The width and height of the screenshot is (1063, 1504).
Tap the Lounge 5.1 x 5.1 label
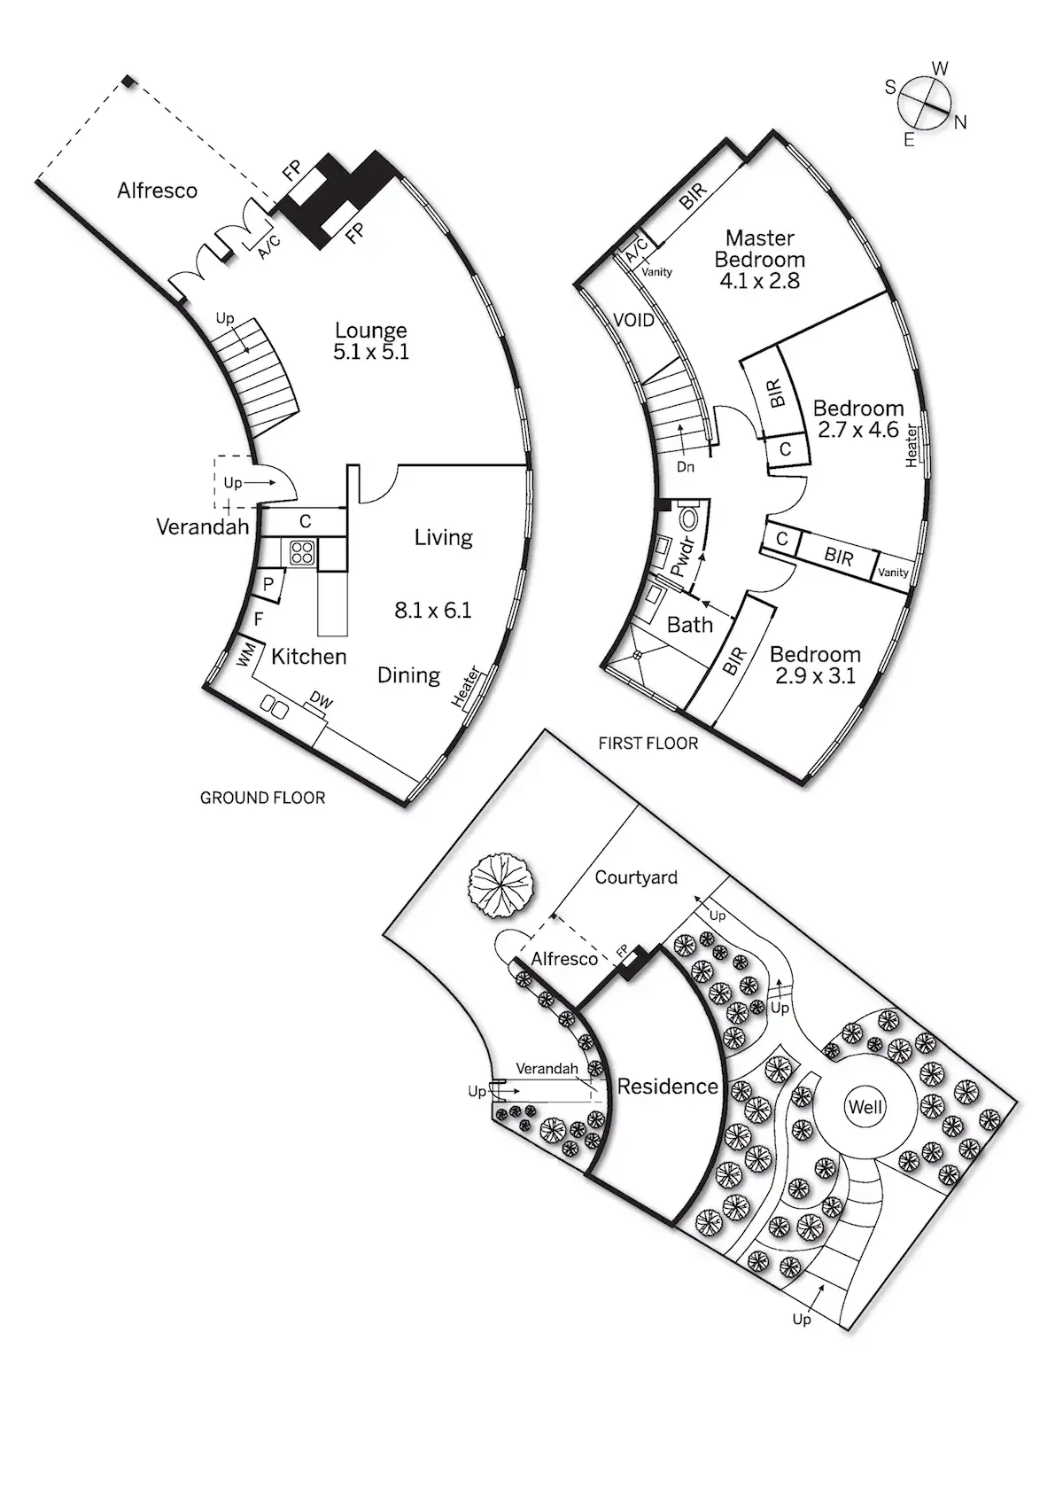(371, 341)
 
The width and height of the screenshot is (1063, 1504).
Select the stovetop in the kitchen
(302, 552)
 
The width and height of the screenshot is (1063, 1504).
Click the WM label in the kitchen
(245, 656)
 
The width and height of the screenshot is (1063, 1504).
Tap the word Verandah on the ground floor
(202, 527)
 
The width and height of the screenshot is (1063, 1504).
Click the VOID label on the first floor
(633, 319)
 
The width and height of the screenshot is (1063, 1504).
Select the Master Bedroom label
(760, 259)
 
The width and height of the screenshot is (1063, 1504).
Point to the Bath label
(689, 625)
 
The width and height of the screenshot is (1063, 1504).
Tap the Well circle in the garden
(865, 1107)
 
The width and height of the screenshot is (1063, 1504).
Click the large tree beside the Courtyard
(501, 886)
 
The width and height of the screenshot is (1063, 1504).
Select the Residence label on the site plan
(667, 1087)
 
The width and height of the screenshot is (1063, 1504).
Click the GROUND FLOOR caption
(262, 798)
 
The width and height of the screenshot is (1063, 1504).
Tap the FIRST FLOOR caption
(648, 744)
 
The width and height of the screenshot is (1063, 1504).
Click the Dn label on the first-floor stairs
(685, 467)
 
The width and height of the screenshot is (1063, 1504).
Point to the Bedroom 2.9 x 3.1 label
(815, 665)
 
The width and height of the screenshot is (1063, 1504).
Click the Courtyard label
(636, 877)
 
